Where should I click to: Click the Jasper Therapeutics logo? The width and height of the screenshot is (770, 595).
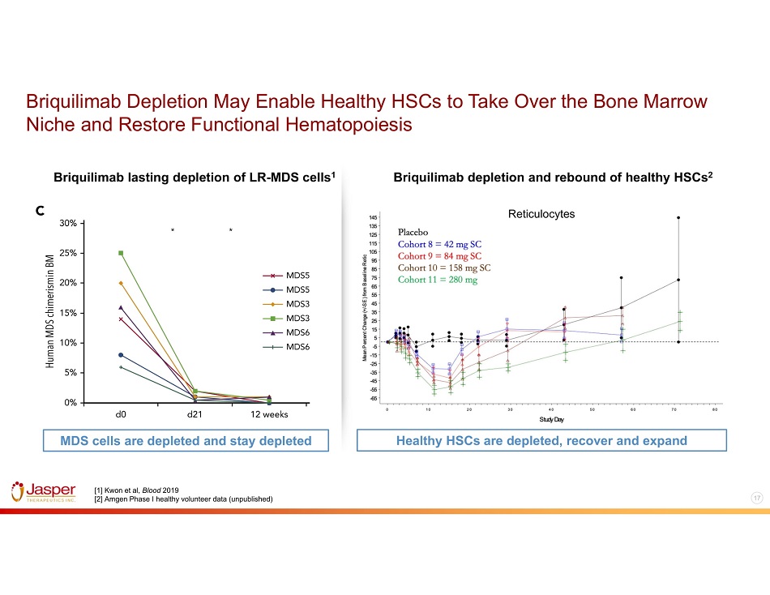coord(44,492)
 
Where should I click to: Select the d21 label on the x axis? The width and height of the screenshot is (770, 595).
coord(195,413)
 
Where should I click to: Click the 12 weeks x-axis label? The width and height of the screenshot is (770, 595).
coord(269,413)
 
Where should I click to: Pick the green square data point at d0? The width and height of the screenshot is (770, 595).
coord(121,253)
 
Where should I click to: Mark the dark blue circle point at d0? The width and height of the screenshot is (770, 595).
coord(121,355)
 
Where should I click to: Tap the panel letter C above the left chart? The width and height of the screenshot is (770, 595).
coord(39,211)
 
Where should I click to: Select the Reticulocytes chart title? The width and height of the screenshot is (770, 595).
coord(541,214)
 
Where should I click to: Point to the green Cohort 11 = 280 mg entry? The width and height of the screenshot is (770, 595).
coord(438,280)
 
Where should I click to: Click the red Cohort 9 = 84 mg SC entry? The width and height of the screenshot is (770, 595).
coord(443,255)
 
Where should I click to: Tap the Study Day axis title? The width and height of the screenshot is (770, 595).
coord(552,419)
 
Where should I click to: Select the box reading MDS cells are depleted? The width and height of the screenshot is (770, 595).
coord(176,440)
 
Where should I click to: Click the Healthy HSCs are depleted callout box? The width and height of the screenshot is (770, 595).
coord(541,440)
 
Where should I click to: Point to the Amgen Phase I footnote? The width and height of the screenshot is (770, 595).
coord(184,498)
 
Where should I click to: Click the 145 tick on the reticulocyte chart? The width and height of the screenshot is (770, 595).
coord(372,217)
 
